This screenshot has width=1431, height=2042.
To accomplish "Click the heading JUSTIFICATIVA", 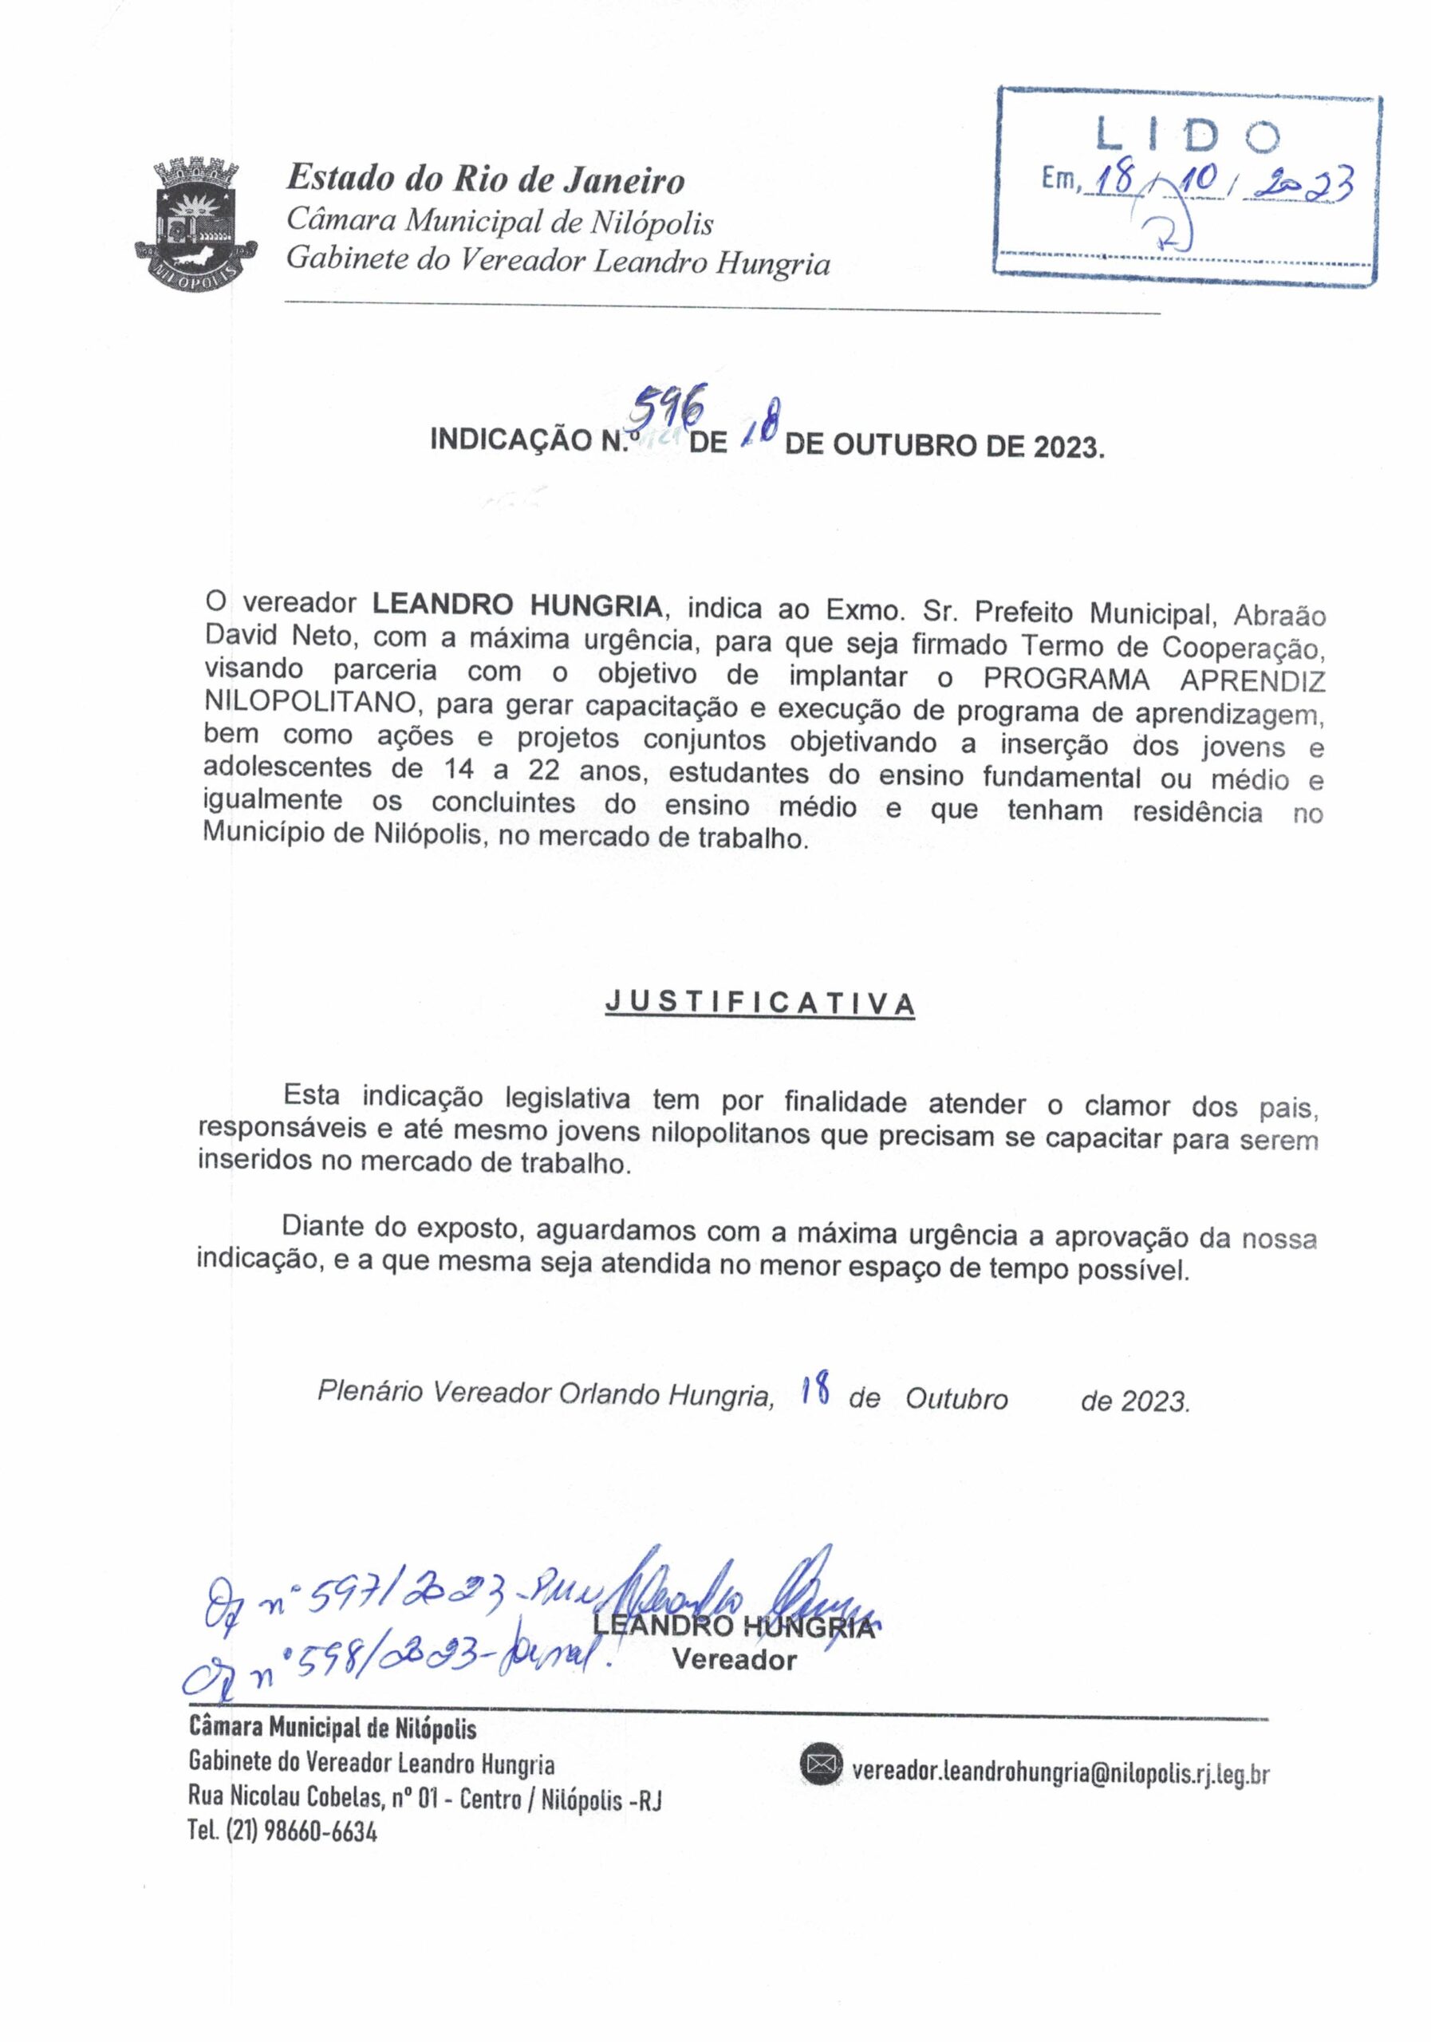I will (x=759, y=1003).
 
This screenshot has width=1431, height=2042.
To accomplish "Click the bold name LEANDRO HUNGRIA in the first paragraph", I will (x=517, y=605).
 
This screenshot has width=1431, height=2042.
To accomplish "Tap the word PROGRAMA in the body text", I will (x=1066, y=679).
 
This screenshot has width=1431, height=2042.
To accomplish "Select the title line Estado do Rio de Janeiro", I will (x=485, y=179).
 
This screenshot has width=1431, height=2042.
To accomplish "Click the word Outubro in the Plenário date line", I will (x=956, y=1400).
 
